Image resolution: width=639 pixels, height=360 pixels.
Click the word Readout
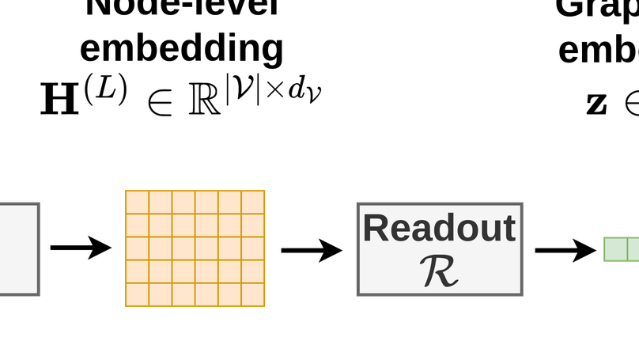[439, 229]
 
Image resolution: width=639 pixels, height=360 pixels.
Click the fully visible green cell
[615, 249]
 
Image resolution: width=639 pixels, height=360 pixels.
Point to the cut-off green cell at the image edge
[633, 249]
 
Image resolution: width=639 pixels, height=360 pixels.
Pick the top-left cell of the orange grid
[138, 203]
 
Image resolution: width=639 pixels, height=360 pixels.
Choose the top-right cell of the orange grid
[253, 203]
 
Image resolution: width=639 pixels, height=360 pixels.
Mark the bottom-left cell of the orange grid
[138, 294]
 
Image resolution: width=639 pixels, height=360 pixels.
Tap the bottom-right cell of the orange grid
[253, 294]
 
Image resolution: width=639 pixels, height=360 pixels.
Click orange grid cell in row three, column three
[183, 248]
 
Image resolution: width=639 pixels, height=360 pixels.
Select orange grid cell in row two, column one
[138, 225]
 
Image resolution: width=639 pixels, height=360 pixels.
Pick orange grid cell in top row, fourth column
[206, 203]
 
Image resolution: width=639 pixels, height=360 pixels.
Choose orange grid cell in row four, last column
[253, 271]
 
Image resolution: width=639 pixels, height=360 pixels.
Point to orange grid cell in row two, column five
[230, 225]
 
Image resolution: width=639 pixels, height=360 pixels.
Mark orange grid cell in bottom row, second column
[161, 294]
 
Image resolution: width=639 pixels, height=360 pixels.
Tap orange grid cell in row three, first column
[138, 248]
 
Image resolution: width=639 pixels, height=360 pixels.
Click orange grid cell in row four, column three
[183, 271]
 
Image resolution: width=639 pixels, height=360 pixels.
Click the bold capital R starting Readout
[376, 229]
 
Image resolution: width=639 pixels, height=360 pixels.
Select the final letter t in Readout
[509, 229]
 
